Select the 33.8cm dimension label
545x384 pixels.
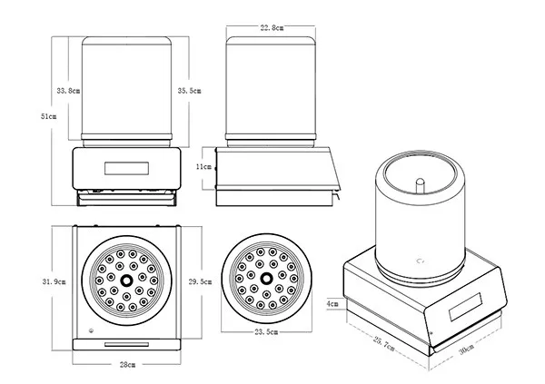click(x=68, y=91)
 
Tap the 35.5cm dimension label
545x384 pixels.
click(x=190, y=91)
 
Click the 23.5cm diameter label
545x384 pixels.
click(x=265, y=332)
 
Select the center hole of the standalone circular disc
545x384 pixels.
click(x=266, y=278)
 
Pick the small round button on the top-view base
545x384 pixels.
click(x=91, y=330)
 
